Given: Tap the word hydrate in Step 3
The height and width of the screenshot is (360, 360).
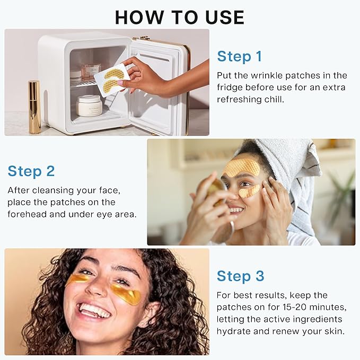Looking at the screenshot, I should [234, 331].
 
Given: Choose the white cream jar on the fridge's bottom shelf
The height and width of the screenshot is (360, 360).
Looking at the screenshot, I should [89, 106].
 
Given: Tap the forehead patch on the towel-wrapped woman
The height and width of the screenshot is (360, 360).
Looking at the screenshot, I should [241, 168].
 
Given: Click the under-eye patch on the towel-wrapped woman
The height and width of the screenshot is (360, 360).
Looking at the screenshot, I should [249, 191].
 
